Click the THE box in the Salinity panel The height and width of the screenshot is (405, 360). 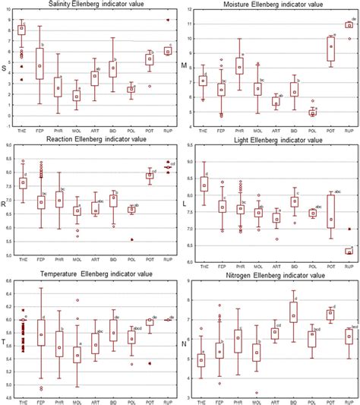[x=21, y=30]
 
